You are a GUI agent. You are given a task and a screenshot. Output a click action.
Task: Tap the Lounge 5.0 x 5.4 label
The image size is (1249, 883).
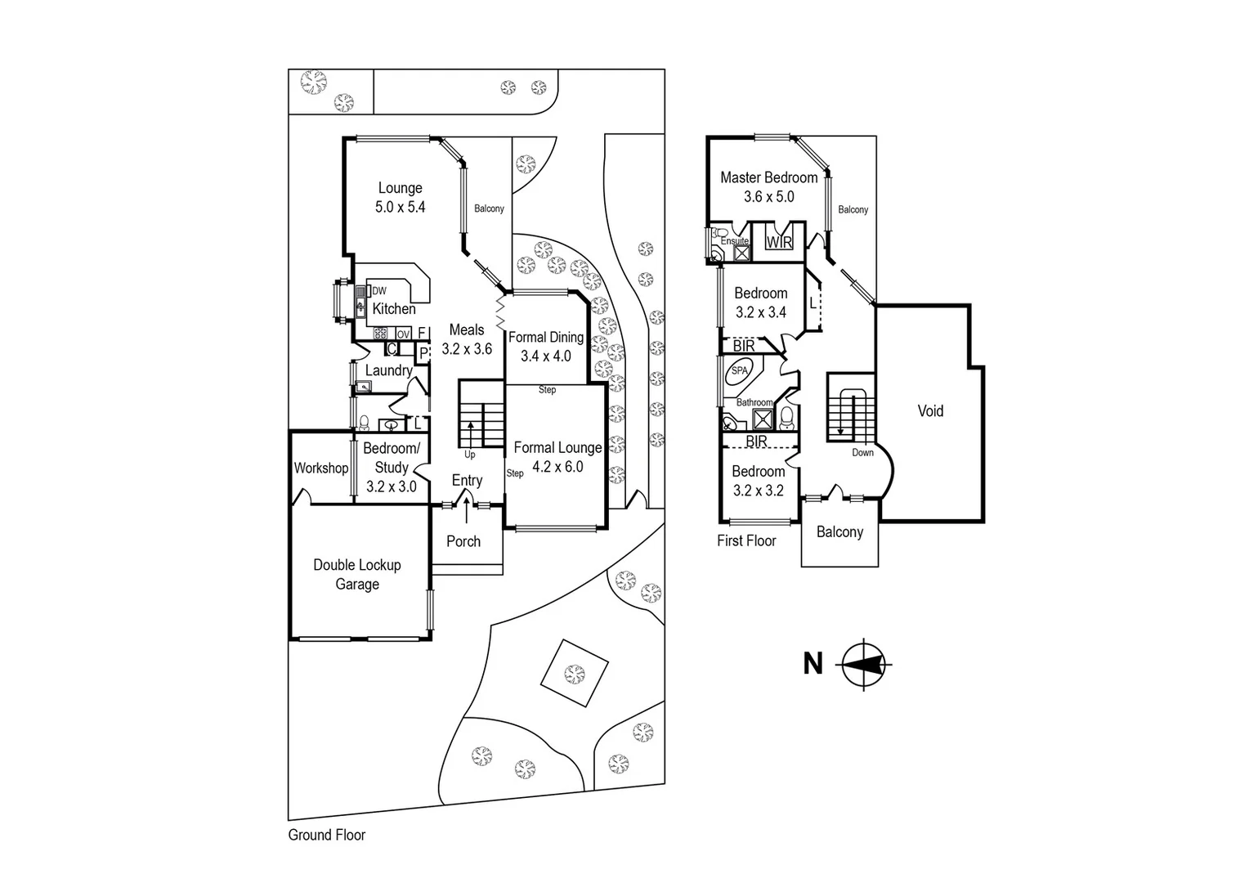tap(400, 198)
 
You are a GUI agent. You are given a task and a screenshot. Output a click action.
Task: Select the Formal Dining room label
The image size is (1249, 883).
tap(545, 337)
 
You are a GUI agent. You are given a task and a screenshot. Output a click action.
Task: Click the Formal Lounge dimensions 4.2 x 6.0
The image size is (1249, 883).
tap(557, 467)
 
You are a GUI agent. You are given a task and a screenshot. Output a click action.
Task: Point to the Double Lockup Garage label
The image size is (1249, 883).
tap(357, 574)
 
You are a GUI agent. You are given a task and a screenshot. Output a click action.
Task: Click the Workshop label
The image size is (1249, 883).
tap(320, 468)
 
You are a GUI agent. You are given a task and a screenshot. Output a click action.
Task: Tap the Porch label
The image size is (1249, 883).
tap(463, 541)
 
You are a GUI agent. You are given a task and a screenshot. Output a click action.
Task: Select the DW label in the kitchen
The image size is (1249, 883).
tap(379, 291)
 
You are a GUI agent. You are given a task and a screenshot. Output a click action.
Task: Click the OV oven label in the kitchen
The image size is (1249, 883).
tap(403, 334)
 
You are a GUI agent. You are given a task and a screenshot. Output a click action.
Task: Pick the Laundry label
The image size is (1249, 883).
tap(388, 370)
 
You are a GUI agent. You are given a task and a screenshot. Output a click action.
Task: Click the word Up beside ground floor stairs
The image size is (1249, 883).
tap(469, 455)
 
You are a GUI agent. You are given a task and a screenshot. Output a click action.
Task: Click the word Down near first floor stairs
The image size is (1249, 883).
tap(862, 453)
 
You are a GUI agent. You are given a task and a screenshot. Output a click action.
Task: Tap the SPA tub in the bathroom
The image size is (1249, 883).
tap(739, 370)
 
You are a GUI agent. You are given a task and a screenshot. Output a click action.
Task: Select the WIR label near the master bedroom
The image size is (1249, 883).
tap(778, 242)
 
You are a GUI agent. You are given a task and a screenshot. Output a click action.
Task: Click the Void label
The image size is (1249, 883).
tap(930, 411)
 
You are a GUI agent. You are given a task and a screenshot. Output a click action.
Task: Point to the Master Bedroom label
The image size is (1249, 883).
tap(768, 177)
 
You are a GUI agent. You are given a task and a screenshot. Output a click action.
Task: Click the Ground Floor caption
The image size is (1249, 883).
tap(326, 835)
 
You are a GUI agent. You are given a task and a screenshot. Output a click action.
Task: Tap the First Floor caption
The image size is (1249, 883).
tap(746, 540)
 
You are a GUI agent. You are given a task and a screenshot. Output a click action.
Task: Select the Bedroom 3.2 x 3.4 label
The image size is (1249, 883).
tap(760, 303)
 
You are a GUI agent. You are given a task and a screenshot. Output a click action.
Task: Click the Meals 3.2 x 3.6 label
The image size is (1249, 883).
tap(467, 339)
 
